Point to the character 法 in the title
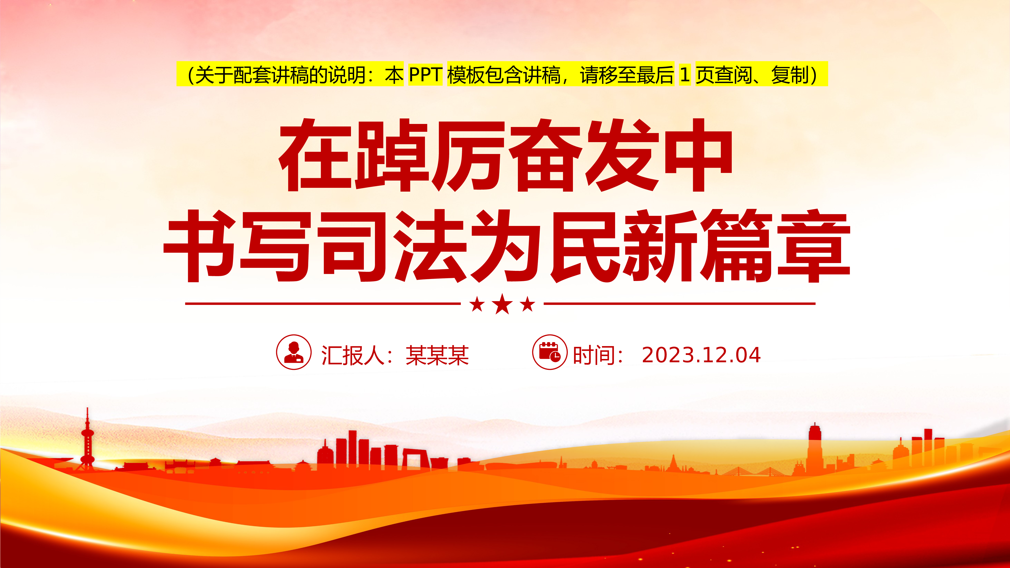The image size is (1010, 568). pyautogui.click(x=429, y=246)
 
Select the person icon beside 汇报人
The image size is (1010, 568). pyautogui.click(x=294, y=352)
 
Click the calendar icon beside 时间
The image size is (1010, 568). pyautogui.click(x=550, y=352)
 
